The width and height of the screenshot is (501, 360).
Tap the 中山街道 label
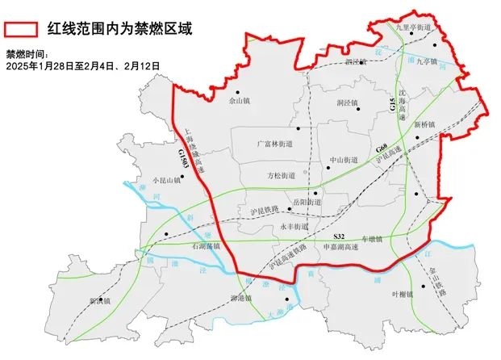point(344,160)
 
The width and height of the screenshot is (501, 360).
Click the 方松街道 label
point(281,175)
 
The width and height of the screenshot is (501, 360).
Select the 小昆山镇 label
point(155,181)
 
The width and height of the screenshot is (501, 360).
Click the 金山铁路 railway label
point(436,283)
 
